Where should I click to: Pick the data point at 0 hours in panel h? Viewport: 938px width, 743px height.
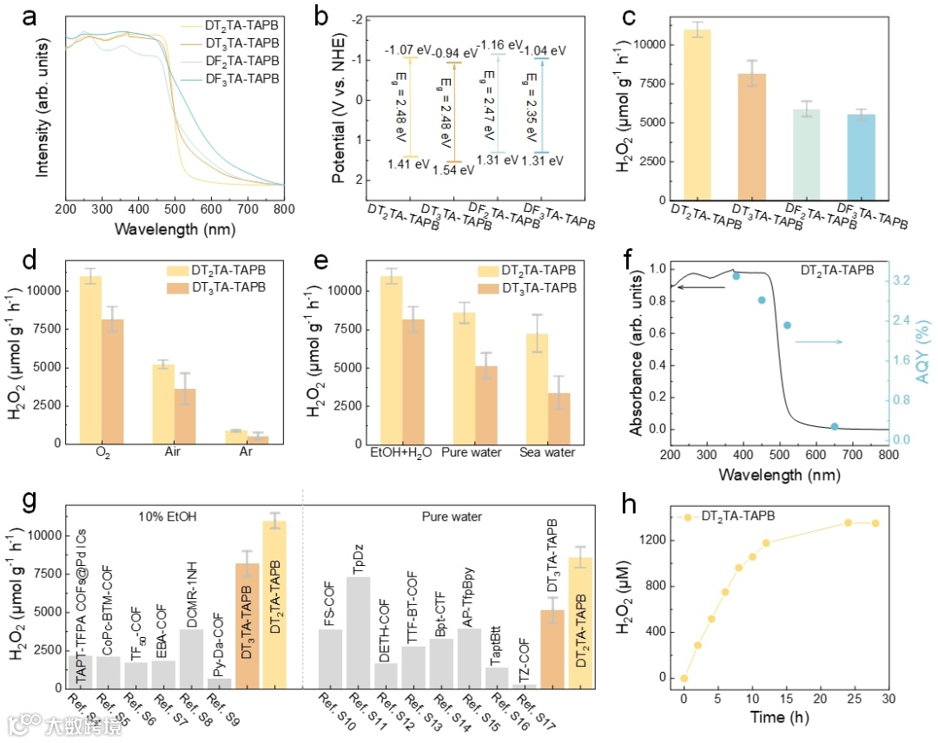[684, 678]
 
